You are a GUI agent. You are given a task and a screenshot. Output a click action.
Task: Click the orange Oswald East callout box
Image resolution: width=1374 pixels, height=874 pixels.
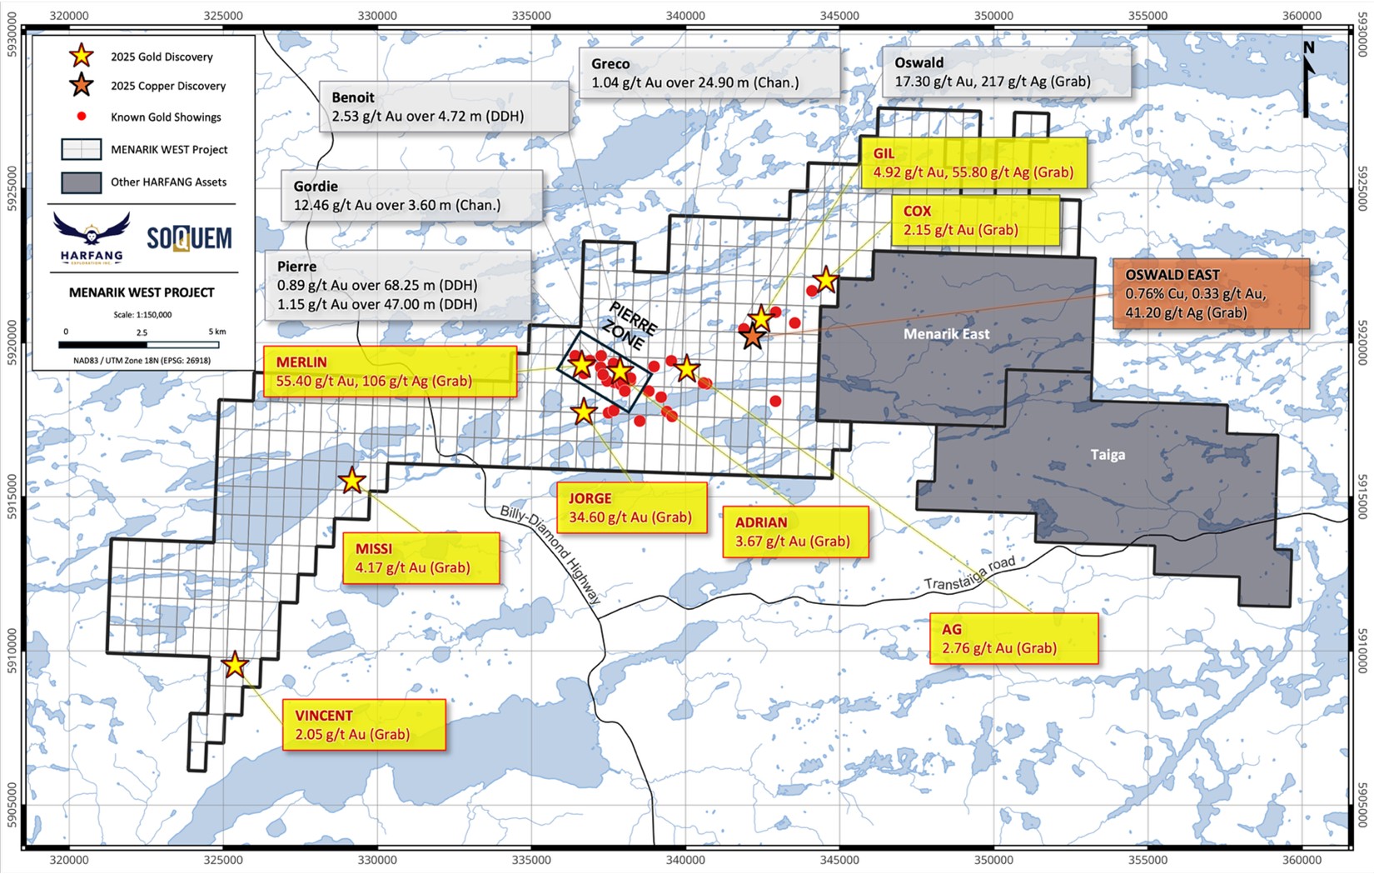click(1211, 294)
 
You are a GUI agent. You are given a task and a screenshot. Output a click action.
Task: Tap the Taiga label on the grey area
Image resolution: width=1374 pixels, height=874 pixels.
click(1108, 455)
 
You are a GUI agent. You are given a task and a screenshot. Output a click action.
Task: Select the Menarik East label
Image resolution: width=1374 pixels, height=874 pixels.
click(947, 334)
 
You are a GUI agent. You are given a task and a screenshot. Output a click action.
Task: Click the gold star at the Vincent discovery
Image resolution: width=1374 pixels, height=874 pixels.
click(236, 665)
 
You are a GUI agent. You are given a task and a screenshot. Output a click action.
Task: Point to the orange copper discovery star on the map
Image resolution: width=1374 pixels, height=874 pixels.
click(753, 337)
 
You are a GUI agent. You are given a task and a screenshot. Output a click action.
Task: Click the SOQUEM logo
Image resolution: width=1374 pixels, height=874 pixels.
click(189, 238)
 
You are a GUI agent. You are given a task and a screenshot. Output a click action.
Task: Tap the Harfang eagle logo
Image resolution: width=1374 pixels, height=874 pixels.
click(92, 236)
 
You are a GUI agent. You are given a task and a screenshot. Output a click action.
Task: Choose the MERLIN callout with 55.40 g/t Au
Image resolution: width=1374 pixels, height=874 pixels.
click(390, 372)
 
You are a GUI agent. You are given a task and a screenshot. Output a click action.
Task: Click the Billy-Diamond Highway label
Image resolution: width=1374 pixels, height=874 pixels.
click(550, 553)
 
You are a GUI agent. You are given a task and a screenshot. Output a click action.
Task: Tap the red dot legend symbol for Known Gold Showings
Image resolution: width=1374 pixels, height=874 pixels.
click(82, 117)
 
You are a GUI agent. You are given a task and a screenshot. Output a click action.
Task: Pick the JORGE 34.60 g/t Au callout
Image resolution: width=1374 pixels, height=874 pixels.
click(630, 507)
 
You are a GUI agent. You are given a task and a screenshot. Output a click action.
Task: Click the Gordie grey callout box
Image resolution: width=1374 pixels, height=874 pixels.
click(411, 196)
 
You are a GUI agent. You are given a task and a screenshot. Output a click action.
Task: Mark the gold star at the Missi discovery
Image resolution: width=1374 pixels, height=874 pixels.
click(352, 481)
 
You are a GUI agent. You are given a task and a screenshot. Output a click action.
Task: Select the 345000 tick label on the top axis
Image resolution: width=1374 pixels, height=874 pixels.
click(839, 15)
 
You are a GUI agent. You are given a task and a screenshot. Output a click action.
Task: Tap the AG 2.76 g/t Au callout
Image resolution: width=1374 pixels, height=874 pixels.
click(1013, 638)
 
